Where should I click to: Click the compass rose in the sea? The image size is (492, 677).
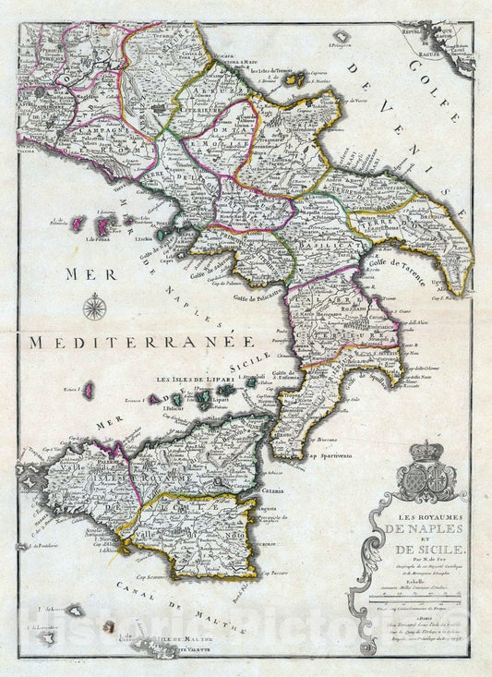point(94,306)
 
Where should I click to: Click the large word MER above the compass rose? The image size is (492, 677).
point(88,273)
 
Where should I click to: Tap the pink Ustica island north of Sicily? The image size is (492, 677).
point(90,391)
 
